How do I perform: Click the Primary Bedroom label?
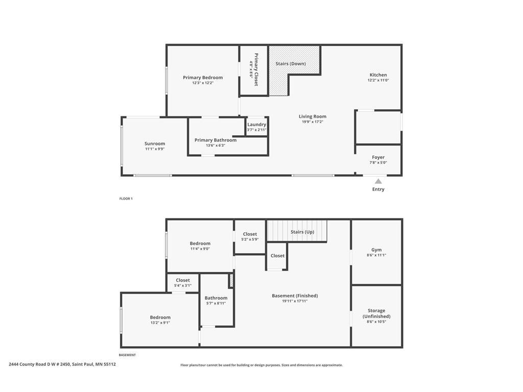(203, 78)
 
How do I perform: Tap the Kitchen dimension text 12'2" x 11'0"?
(378, 81)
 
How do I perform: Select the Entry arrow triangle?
(378, 181)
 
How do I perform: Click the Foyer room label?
(378, 157)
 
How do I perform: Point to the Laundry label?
(256, 125)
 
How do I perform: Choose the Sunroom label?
(154, 143)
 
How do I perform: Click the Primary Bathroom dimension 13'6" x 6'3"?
(215, 145)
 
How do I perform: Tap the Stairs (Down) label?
(290, 64)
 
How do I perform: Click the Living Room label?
(312, 116)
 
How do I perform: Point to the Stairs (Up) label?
(302, 232)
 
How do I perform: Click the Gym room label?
(376, 250)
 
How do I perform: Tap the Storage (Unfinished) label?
(376, 313)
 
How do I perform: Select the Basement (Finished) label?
(295, 296)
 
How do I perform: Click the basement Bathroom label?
(216, 298)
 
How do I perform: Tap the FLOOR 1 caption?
(126, 199)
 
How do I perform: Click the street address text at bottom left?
(62, 364)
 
